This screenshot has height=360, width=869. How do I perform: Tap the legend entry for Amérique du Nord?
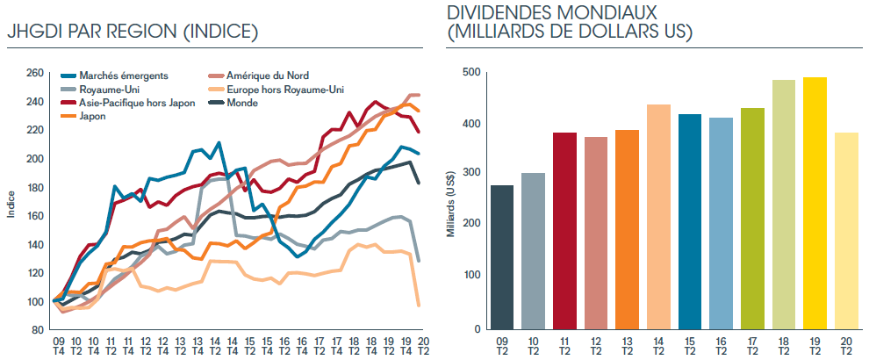[268, 76]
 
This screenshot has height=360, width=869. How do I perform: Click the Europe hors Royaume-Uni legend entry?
[284, 89]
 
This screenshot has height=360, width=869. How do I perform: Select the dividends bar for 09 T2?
[503, 257]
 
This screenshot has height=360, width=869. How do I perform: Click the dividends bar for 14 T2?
[658, 217]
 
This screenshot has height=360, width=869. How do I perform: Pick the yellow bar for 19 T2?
[815, 204]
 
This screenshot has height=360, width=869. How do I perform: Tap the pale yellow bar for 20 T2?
[846, 231]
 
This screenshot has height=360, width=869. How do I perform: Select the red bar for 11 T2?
[565, 231]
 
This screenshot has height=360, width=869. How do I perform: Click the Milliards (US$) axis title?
[450, 203]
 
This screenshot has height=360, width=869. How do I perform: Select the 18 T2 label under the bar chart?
[784, 344]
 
